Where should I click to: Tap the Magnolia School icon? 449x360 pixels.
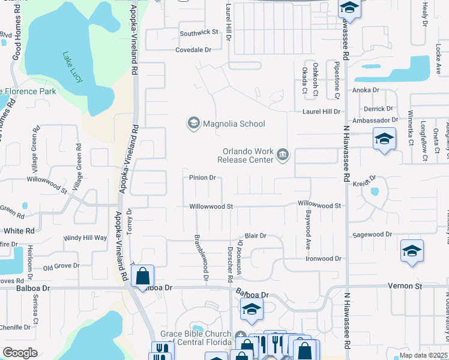point(193,124)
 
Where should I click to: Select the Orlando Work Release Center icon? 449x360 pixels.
point(282,156)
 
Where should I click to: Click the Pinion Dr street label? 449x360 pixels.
point(202,178)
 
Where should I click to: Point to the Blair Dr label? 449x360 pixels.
point(255,236)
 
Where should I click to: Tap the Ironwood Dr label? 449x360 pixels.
point(324,259)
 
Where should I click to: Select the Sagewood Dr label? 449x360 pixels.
point(372,235)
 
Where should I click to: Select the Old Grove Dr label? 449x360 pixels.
point(61,266)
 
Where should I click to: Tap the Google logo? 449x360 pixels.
point(20,353)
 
